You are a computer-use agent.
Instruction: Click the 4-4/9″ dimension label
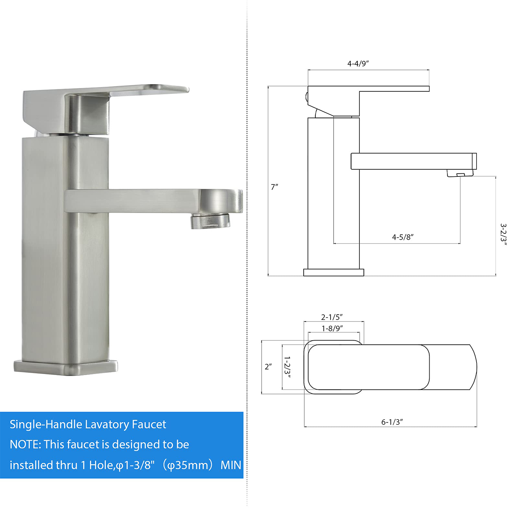click(358, 64)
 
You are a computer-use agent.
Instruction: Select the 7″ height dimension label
click(275, 187)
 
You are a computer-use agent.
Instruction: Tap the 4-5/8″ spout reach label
click(403, 237)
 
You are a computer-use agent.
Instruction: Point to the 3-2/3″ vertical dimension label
click(503, 234)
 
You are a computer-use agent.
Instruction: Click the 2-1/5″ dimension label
click(332, 317)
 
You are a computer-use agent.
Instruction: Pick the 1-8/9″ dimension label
click(332, 328)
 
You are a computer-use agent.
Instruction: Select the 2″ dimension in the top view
click(268, 367)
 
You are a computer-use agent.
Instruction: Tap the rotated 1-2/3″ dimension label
click(287, 367)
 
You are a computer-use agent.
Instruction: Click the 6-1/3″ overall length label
click(392, 422)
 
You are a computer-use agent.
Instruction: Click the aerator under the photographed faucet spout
click(210, 221)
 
